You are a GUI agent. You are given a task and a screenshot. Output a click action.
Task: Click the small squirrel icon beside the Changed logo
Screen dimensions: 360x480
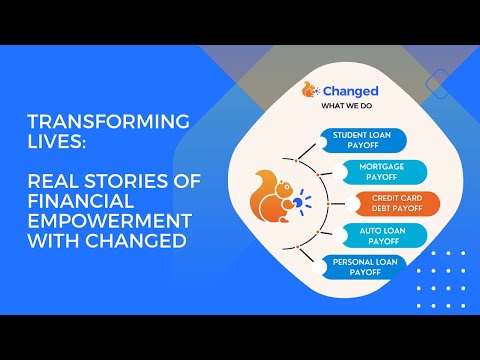(310, 90)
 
